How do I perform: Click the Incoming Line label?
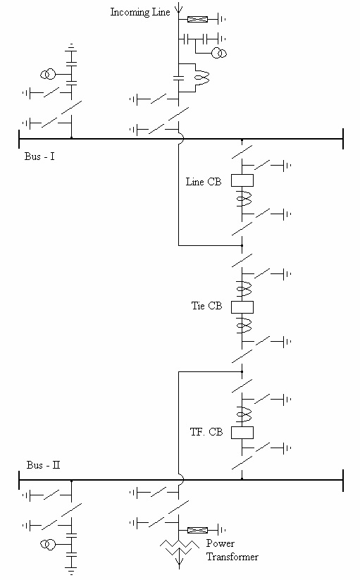[140, 13]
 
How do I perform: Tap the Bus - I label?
[39, 156]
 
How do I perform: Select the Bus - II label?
[43, 465]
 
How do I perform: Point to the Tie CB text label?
[206, 306]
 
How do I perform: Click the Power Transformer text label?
[232, 550]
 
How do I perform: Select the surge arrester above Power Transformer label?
[198, 529]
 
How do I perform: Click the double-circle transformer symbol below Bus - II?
[49, 545]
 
